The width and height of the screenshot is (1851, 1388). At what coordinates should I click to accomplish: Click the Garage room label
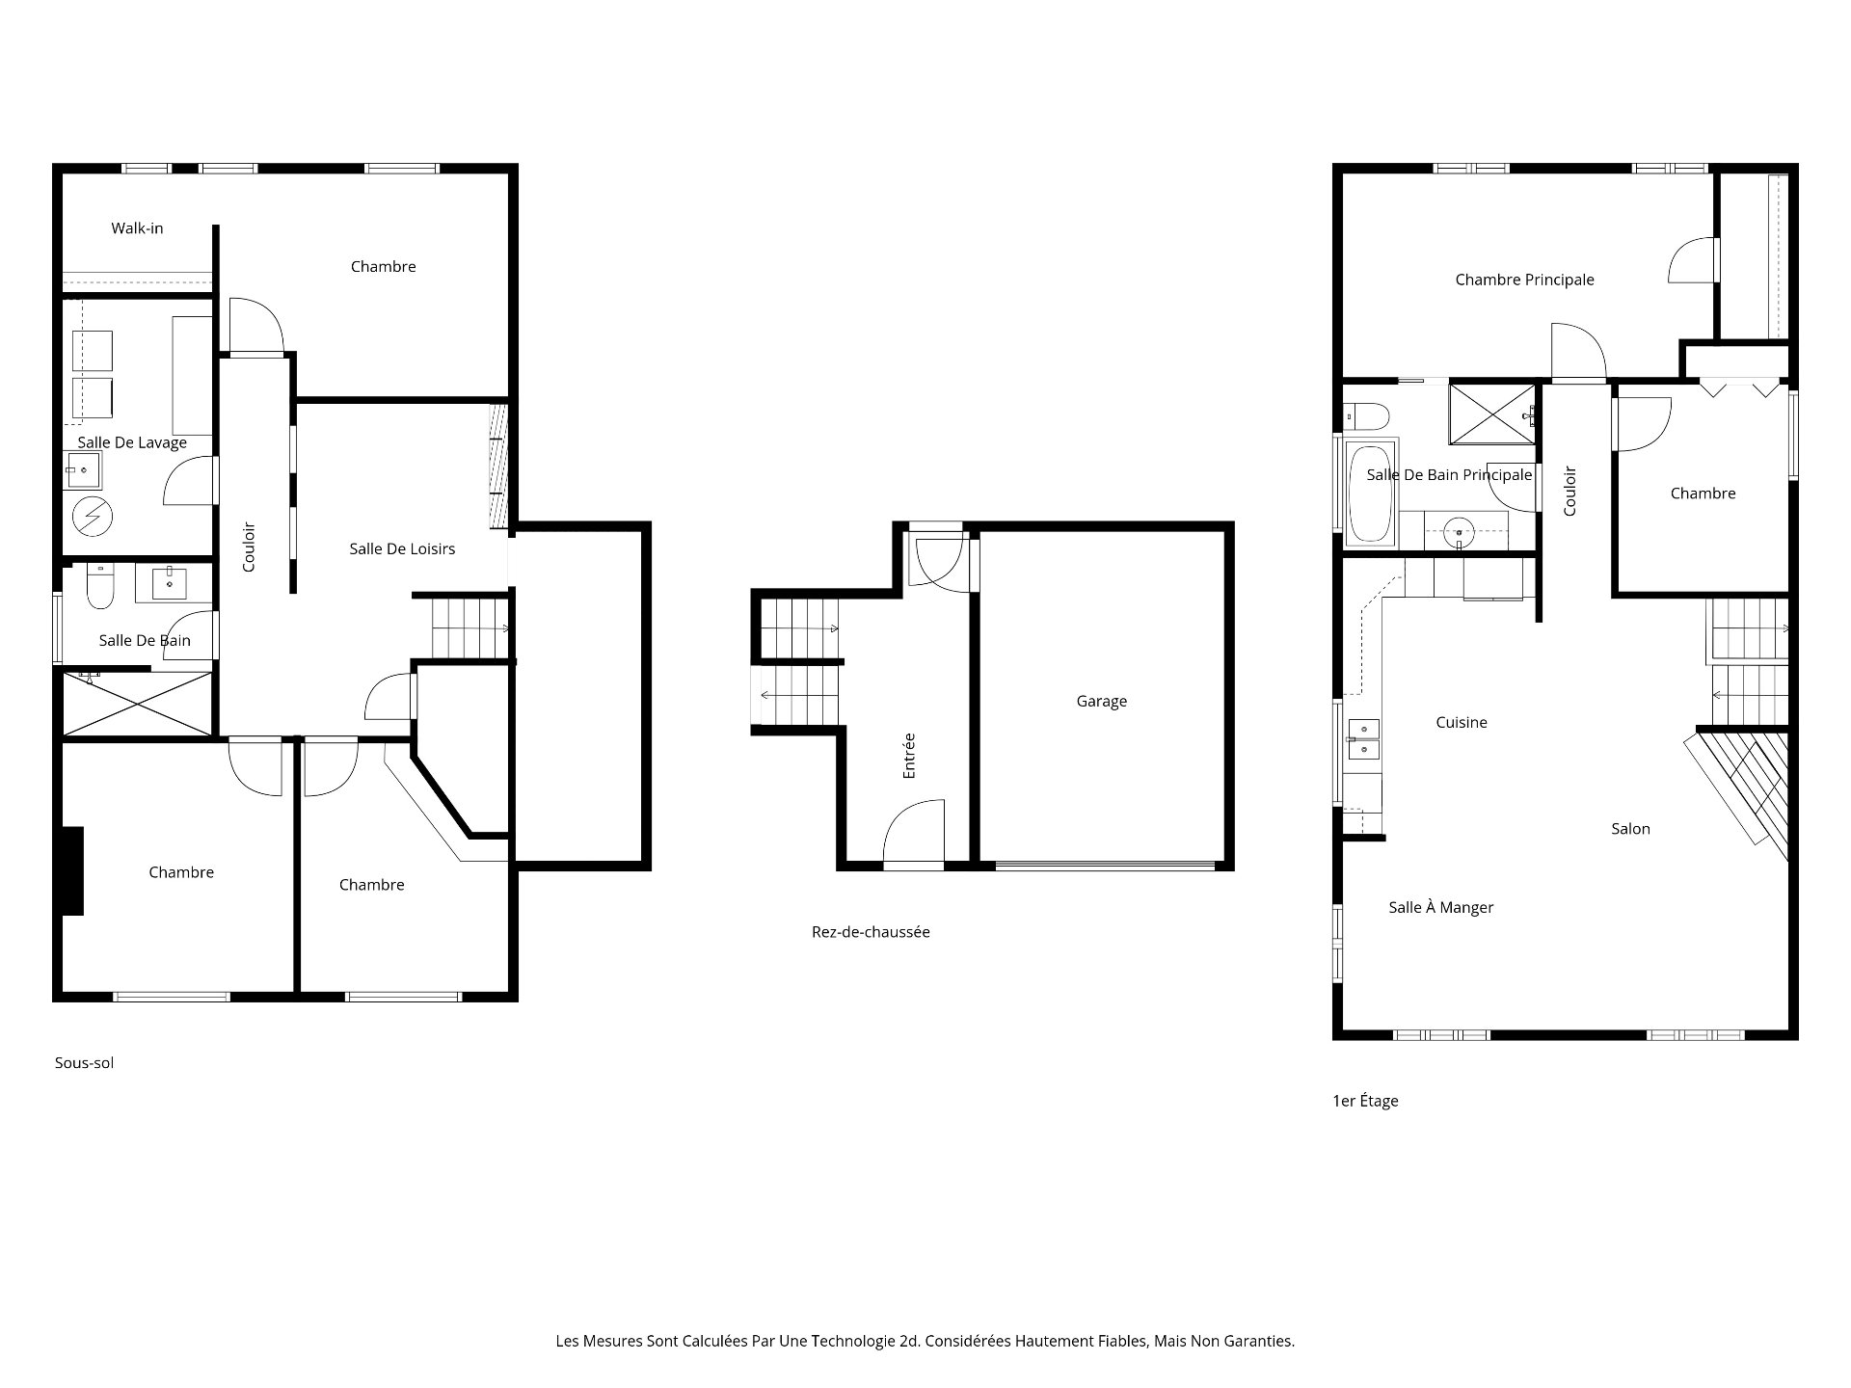[1101, 702]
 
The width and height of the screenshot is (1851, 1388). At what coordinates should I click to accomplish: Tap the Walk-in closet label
[137, 228]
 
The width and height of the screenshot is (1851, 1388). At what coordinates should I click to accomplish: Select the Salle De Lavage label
[132, 442]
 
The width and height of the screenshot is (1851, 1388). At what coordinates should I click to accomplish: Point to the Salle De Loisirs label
[402, 548]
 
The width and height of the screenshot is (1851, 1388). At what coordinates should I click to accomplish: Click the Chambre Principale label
[1524, 280]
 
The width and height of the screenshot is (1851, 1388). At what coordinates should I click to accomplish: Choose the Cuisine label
[1462, 722]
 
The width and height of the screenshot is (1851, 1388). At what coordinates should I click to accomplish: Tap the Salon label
[1630, 828]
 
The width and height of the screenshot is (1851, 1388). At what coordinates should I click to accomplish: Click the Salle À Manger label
[1440, 907]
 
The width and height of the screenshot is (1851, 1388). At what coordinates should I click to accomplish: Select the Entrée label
[908, 756]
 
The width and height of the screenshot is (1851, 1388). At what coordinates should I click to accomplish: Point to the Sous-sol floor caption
[84, 1063]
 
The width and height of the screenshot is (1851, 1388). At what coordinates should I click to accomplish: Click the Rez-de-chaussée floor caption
[871, 932]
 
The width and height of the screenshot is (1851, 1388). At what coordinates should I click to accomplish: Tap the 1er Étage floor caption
[1365, 1101]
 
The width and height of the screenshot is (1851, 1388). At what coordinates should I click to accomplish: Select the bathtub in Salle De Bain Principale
[1370, 493]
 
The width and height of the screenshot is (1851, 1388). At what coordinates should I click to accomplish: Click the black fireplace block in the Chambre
[73, 870]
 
